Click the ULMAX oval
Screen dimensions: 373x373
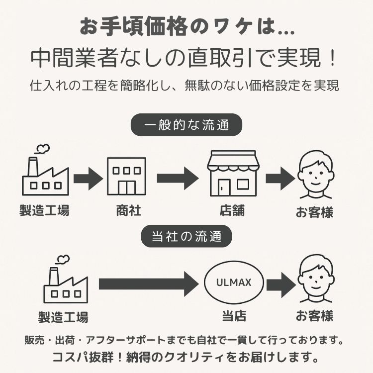coord(234,283)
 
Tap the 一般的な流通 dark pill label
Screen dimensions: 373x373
coord(186,125)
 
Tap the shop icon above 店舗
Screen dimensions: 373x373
coord(232,175)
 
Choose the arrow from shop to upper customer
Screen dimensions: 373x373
coord(280,178)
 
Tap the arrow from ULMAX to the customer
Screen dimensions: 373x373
coord(280,284)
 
